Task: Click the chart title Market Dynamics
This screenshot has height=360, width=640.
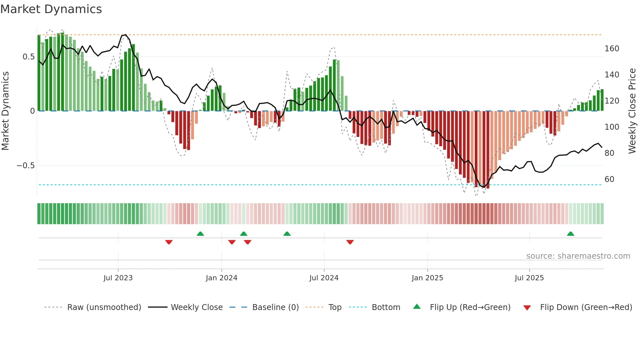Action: coord(51,9)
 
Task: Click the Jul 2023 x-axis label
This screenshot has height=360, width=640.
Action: coord(118,278)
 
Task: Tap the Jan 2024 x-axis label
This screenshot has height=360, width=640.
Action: coord(221,278)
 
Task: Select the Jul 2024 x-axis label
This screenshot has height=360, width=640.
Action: coord(324,278)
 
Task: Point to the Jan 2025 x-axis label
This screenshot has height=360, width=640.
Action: coord(427,278)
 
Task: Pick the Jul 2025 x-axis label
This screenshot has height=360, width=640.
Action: coord(529,278)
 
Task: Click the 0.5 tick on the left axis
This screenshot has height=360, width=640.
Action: coord(28,57)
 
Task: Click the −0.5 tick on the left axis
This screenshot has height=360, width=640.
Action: coord(25,166)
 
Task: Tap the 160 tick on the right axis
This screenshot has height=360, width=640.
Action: coord(612,49)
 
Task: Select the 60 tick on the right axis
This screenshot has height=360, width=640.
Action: coord(609,179)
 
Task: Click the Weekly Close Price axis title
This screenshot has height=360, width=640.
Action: coord(632,111)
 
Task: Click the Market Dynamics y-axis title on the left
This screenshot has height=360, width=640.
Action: coord(5,111)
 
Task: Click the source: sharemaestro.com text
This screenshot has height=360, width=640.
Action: coord(578,256)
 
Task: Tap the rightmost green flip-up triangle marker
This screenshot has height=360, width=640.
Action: coord(570,234)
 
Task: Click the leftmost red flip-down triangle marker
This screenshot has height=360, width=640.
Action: coord(169,242)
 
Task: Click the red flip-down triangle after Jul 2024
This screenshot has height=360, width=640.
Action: coord(350,242)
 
